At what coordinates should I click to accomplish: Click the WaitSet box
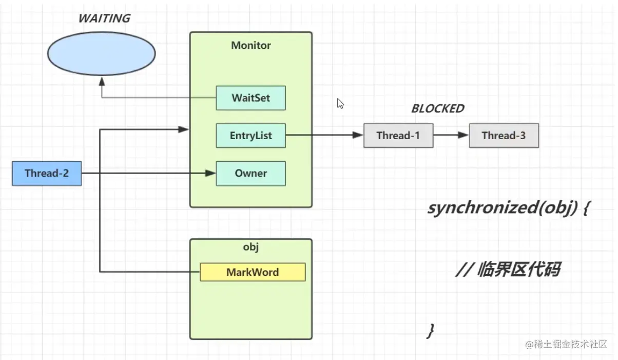pyautogui.click(x=251, y=98)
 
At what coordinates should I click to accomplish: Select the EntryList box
pyautogui.click(x=251, y=136)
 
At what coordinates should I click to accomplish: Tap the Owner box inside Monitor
pyautogui.click(x=251, y=174)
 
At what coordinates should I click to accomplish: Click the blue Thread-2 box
pyautogui.click(x=47, y=174)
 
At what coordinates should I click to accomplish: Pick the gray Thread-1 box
pyautogui.click(x=398, y=136)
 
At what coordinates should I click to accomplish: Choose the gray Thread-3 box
pyautogui.click(x=504, y=136)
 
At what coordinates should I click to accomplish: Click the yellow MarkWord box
pyautogui.click(x=253, y=272)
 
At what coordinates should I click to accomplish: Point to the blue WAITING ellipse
pyautogui.click(x=102, y=53)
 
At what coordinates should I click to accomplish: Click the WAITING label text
pyautogui.click(x=104, y=18)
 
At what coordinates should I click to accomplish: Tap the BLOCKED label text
pyautogui.click(x=438, y=108)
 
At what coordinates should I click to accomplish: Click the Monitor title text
pyautogui.click(x=251, y=45)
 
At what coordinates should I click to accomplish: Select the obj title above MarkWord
pyautogui.click(x=251, y=247)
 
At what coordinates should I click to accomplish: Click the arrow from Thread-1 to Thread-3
pyautogui.click(x=451, y=135)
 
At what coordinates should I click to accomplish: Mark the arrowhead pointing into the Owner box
pyautogui.click(x=210, y=173)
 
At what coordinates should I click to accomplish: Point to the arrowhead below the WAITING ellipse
pyautogui.click(x=102, y=81)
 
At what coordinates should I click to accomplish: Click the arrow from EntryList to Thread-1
pyautogui.click(x=324, y=135)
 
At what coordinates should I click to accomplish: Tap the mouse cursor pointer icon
pyautogui.click(x=340, y=104)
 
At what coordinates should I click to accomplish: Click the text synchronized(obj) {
pyautogui.click(x=509, y=208)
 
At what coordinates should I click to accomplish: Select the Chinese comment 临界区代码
pyautogui.click(x=518, y=269)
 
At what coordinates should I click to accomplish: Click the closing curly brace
pyautogui.click(x=430, y=331)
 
